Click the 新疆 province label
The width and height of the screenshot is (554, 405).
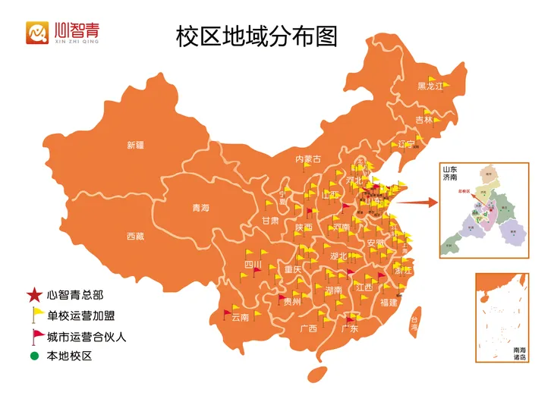click(x=135, y=146)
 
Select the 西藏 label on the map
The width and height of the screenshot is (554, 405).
click(x=135, y=236)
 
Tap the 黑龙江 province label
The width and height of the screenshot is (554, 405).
click(x=429, y=86)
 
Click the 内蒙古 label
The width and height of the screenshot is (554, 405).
click(x=308, y=159)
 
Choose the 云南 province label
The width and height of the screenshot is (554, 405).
click(x=240, y=317)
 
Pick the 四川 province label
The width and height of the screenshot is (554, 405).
click(x=253, y=265)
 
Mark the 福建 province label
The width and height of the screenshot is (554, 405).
click(x=389, y=302)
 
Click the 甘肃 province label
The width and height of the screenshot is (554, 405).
click(x=270, y=221)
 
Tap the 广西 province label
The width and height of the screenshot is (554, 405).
click(x=308, y=328)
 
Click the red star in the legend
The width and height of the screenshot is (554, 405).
click(x=34, y=295)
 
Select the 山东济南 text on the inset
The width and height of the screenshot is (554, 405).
click(x=451, y=173)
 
